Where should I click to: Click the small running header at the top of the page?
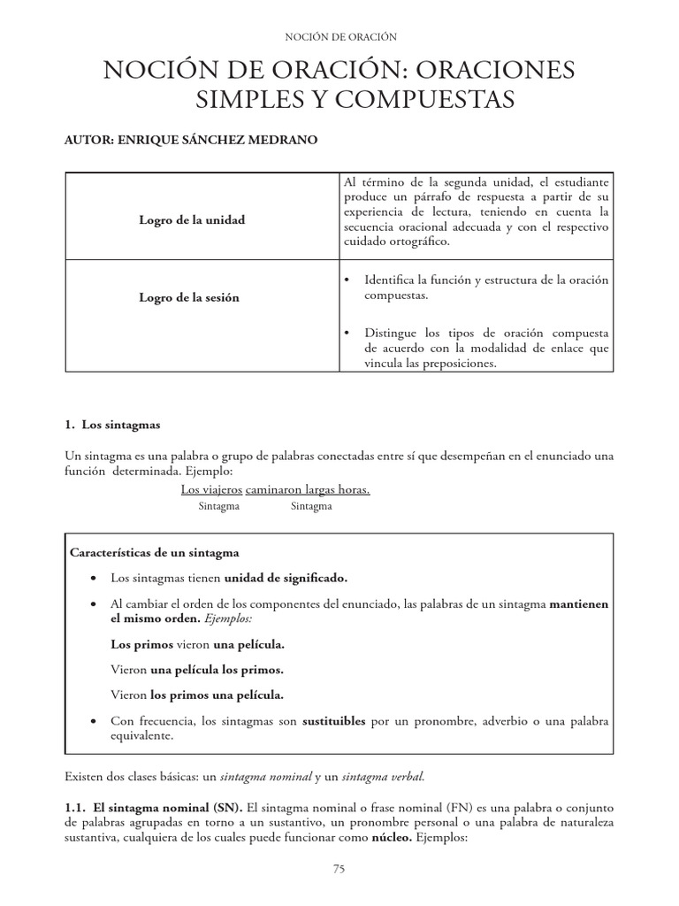[x=339, y=36]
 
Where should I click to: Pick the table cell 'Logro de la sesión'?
[x=188, y=297]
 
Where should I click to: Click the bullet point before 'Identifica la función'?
[x=347, y=280]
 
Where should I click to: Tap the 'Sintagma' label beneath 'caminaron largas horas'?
[x=311, y=506]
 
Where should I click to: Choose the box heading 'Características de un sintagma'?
[x=154, y=552]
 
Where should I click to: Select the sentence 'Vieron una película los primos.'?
[x=197, y=669]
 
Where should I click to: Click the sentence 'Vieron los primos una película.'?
[x=197, y=694]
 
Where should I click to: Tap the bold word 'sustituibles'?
[x=334, y=721]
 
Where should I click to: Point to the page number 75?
[x=339, y=869]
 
